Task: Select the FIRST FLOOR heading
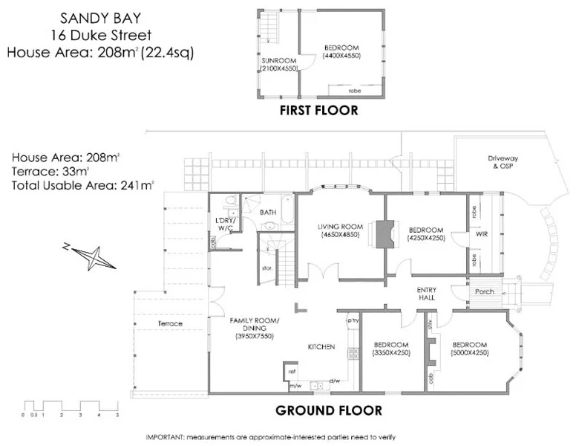(318, 111)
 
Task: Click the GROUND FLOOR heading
(329, 410)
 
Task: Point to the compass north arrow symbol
(90, 257)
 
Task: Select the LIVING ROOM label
(339, 226)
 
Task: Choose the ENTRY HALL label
(426, 294)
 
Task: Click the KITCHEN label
(322, 347)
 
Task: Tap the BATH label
(268, 212)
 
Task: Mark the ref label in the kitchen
(292, 369)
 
